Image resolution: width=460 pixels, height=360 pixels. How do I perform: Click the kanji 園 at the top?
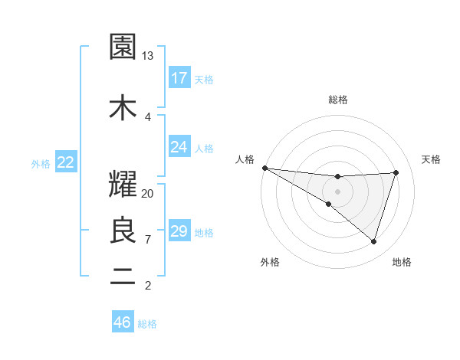click(x=123, y=47)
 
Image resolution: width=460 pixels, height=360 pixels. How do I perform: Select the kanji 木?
click(x=123, y=107)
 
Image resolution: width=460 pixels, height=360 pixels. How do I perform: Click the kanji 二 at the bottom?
click(x=123, y=277)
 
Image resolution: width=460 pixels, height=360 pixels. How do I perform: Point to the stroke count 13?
click(x=148, y=56)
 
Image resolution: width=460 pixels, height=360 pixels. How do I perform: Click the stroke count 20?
click(x=148, y=193)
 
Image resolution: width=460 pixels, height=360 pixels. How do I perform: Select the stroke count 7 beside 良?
click(x=148, y=240)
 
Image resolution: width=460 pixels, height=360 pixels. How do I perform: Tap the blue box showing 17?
click(x=179, y=78)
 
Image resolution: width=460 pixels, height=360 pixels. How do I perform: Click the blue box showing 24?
click(x=179, y=146)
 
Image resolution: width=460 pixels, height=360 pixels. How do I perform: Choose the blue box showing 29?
click(x=179, y=231)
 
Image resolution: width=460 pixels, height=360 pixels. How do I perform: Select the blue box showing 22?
click(x=66, y=162)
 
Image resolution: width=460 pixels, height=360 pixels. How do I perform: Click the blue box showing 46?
click(x=123, y=322)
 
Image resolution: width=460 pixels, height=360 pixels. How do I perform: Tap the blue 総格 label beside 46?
click(x=147, y=324)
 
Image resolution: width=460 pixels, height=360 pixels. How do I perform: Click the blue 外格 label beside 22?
click(x=41, y=163)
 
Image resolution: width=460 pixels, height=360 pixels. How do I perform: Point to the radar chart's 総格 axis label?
click(x=337, y=100)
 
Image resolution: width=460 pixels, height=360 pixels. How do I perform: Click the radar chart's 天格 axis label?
click(x=431, y=159)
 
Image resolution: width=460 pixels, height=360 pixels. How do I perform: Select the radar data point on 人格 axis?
click(x=264, y=167)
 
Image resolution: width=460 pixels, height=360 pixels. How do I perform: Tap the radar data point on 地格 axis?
click(x=373, y=241)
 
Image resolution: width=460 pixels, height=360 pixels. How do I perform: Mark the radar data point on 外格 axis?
click(x=329, y=204)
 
